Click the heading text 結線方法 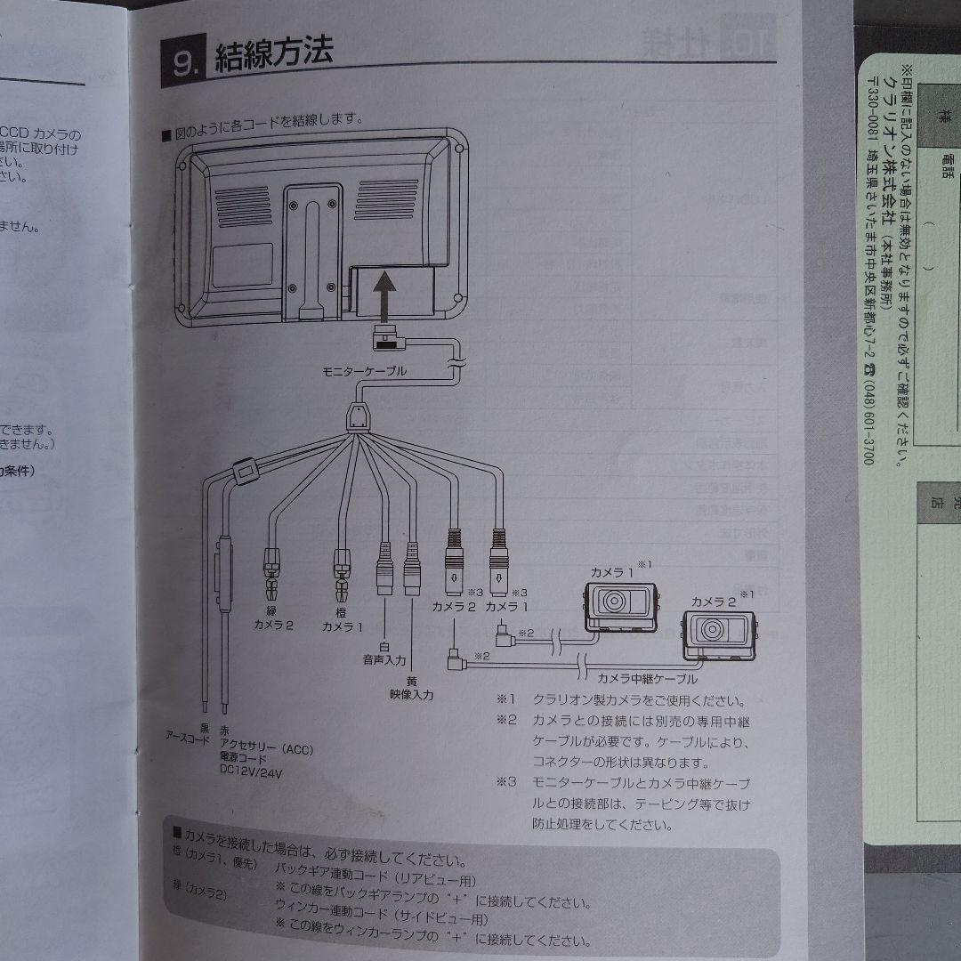(x=274, y=55)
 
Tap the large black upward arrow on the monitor (x=383, y=298)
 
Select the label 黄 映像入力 (x=411, y=686)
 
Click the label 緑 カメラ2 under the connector (x=273, y=618)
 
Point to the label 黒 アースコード (x=188, y=731)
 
